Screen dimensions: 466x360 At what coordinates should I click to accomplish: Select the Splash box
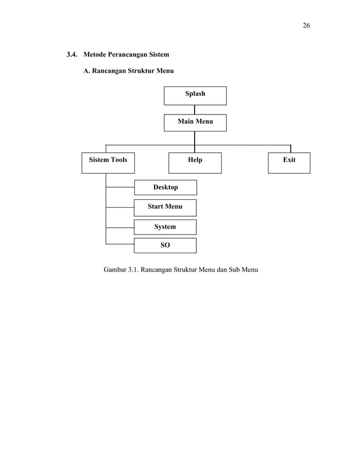(x=195, y=95)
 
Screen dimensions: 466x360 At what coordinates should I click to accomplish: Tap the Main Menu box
(x=195, y=122)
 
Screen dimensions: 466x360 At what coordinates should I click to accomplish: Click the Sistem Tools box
(x=108, y=162)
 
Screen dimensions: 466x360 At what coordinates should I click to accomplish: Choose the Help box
(x=195, y=162)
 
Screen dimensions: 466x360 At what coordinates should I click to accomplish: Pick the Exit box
(x=289, y=162)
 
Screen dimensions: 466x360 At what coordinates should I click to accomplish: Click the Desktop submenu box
(x=165, y=187)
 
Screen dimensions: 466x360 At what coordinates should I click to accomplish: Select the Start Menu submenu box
(x=165, y=207)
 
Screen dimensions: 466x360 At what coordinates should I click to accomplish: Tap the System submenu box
(x=165, y=227)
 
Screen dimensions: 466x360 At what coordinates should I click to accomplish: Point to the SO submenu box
(x=165, y=245)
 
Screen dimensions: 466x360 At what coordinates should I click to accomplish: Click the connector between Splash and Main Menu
(x=195, y=109)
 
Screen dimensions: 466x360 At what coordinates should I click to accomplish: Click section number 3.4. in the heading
(x=72, y=55)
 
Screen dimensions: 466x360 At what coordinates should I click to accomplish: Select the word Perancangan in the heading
(x=127, y=55)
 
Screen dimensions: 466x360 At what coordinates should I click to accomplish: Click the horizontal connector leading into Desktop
(x=120, y=187)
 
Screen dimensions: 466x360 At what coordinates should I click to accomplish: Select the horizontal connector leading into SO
(x=120, y=244)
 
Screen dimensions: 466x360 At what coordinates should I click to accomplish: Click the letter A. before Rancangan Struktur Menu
(x=87, y=72)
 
